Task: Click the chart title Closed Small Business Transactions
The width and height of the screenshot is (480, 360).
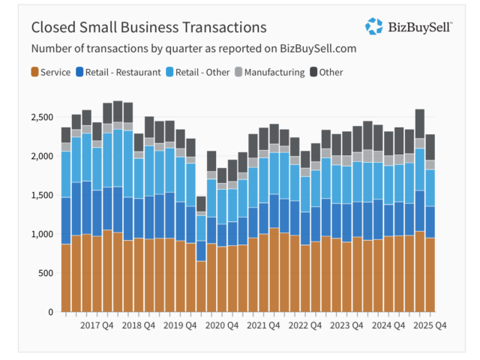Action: click(x=148, y=28)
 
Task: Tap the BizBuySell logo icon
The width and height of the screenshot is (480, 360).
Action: click(x=373, y=26)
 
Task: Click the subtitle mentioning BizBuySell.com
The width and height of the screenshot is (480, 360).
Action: click(x=193, y=49)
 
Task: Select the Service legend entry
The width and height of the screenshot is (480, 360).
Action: click(x=51, y=72)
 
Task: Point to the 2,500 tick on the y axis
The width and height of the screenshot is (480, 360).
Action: click(x=43, y=118)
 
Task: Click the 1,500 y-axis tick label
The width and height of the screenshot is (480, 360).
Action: click(x=43, y=196)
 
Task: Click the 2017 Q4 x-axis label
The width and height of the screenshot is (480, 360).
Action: click(x=97, y=325)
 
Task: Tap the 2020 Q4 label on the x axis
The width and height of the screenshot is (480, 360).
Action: click(x=222, y=325)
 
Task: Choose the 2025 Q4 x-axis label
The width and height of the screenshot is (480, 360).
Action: click(x=430, y=325)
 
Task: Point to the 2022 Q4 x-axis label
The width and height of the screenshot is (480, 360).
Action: click(x=305, y=325)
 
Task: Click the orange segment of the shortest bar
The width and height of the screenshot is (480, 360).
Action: click(x=201, y=286)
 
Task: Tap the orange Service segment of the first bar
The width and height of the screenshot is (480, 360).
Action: click(x=66, y=277)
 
